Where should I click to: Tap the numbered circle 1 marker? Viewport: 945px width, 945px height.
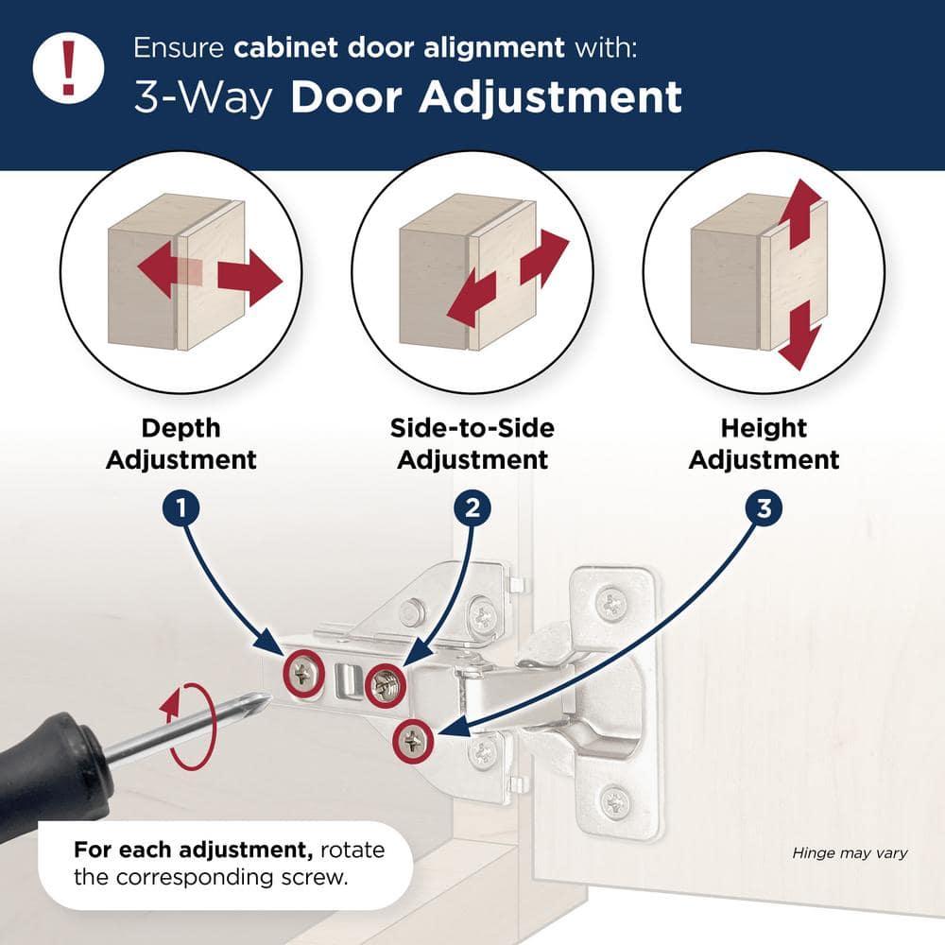pos(180,508)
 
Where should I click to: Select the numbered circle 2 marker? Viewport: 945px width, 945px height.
pos(472,508)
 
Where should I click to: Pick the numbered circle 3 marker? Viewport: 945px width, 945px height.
pos(764,508)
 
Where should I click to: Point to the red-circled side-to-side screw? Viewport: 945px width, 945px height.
pos(385,680)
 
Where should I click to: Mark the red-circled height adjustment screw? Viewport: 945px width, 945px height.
pos(413,742)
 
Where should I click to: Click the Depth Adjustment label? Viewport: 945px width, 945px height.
pos(180,444)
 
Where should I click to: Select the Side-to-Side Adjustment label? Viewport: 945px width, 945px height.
pos(472,444)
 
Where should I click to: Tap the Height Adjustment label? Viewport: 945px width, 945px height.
pos(764,444)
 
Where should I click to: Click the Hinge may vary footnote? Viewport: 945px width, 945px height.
pos(850,853)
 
